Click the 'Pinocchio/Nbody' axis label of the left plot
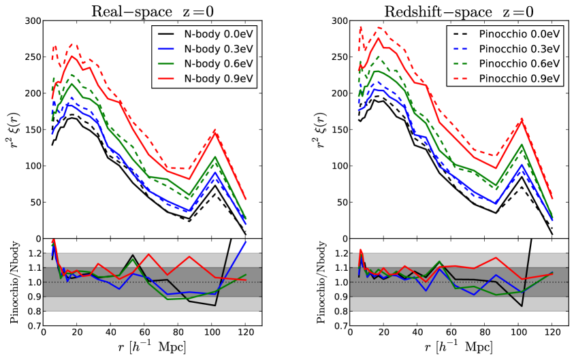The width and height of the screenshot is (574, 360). [x=11, y=282]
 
